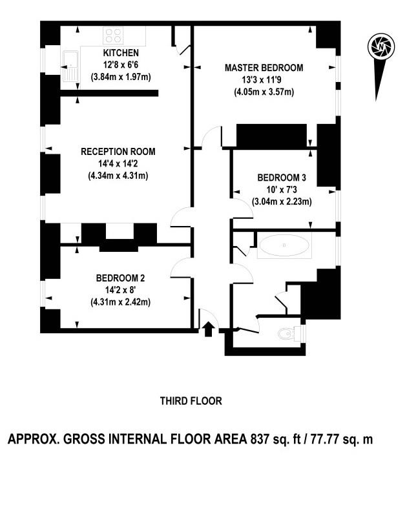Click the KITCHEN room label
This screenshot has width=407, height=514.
click(x=121, y=53)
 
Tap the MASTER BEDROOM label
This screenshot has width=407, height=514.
click(x=264, y=68)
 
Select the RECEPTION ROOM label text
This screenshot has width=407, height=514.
click(x=118, y=152)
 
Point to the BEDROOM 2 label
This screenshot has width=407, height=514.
click(x=120, y=278)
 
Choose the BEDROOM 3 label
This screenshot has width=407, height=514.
click(x=282, y=178)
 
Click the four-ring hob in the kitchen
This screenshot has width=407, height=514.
click(x=113, y=36)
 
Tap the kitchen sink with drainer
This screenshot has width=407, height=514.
click(x=70, y=67)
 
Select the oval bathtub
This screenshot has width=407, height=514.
click(x=284, y=245)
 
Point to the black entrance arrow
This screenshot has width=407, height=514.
click(x=208, y=329)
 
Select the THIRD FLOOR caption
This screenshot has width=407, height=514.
click(x=191, y=401)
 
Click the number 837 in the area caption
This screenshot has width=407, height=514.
click(x=260, y=439)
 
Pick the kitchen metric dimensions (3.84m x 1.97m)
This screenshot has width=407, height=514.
click(x=121, y=77)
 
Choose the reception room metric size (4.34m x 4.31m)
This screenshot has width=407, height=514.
click(x=118, y=176)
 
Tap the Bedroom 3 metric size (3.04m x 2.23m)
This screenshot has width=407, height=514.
click(x=282, y=201)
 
